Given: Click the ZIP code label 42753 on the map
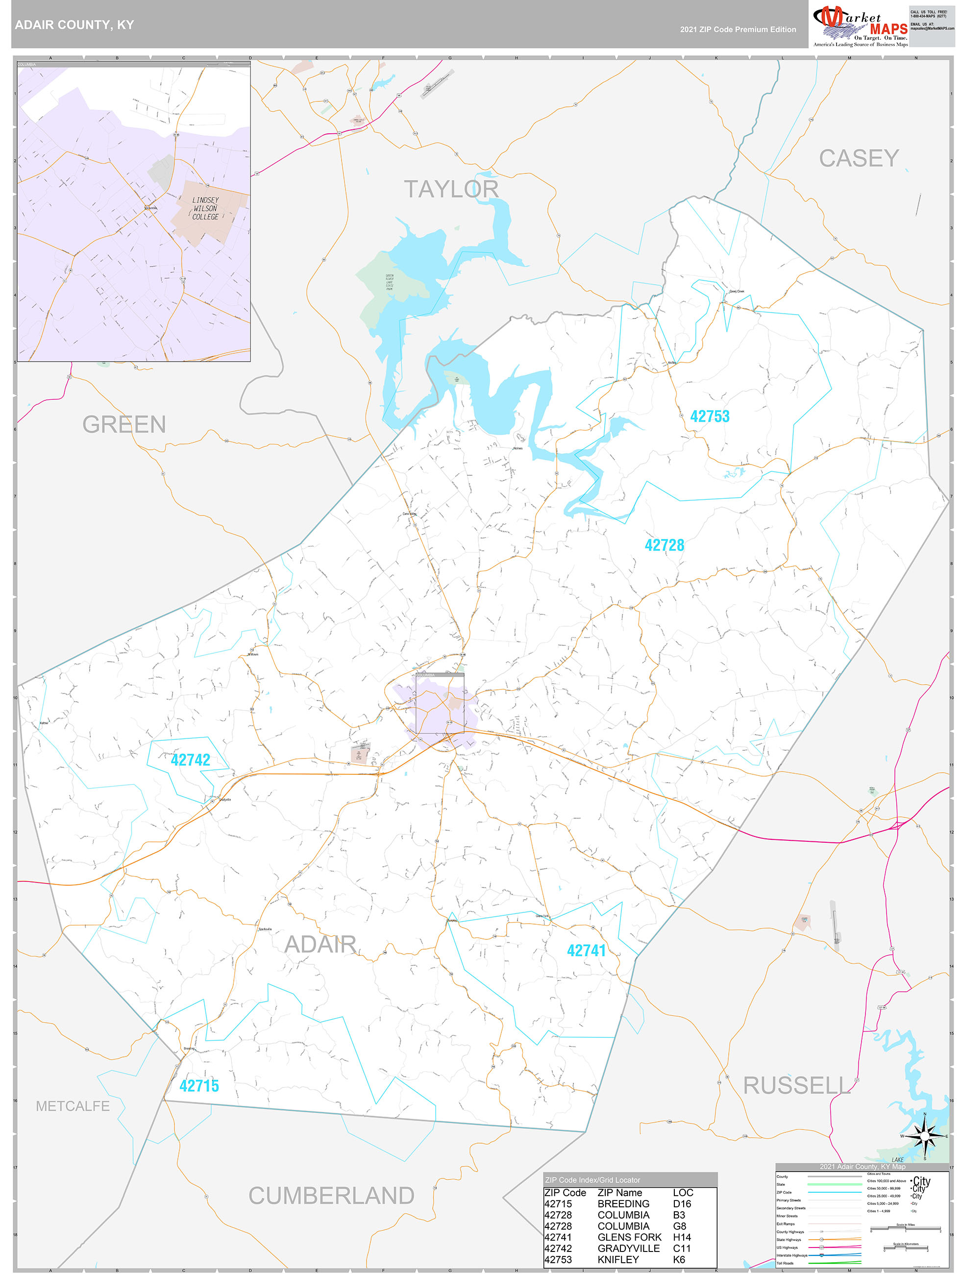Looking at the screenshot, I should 709,416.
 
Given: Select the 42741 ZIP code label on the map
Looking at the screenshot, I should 586,950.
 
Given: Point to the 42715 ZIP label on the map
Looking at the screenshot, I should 199,1086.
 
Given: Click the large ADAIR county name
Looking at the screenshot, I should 320,945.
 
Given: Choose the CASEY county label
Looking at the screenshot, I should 859,158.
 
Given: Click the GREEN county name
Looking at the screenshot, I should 124,424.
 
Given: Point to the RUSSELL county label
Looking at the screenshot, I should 796,1086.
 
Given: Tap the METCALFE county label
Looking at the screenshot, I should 73,1106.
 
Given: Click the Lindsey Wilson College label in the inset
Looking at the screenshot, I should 206,208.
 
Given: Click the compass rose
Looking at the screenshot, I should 924,1136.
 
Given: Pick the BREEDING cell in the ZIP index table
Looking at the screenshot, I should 623,1204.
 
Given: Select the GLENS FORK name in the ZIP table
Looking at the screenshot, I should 629,1237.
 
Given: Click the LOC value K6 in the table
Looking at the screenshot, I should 679,1260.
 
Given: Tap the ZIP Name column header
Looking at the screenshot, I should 619,1193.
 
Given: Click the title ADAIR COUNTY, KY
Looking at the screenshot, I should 74,25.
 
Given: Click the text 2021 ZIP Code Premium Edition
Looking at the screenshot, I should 738,29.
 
